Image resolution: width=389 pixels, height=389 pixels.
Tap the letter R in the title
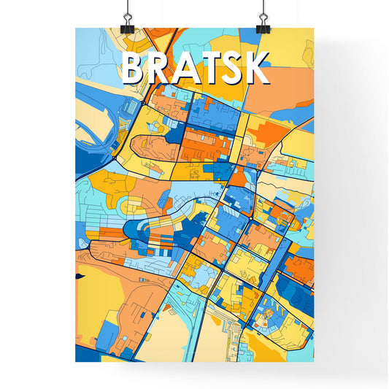coord(163,69)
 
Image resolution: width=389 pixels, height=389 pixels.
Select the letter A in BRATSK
coord(189,69)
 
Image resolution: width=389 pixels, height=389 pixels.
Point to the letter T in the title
coord(213,69)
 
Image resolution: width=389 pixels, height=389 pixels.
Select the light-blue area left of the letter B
coord(95,55)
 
